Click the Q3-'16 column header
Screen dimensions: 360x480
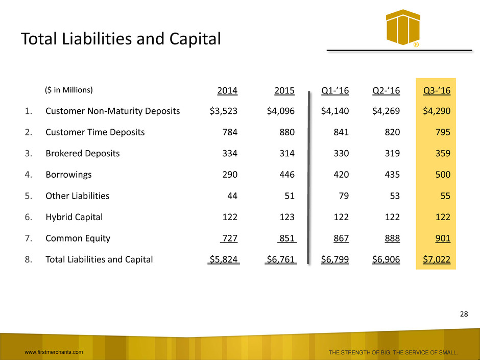(437, 91)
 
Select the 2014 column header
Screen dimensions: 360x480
(228, 91)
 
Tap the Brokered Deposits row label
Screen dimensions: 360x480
(83, 153)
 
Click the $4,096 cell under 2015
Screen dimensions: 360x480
(281, 111)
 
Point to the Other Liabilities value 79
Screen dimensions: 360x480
(342, 196)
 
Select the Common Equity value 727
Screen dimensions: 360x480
(228, 238)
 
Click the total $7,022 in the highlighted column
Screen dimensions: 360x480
(437, 259)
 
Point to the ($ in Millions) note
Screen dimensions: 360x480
(68, 90)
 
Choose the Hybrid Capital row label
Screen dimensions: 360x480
(74, 217)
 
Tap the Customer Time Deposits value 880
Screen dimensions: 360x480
(287, 132)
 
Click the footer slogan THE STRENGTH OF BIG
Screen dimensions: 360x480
(363, 352)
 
